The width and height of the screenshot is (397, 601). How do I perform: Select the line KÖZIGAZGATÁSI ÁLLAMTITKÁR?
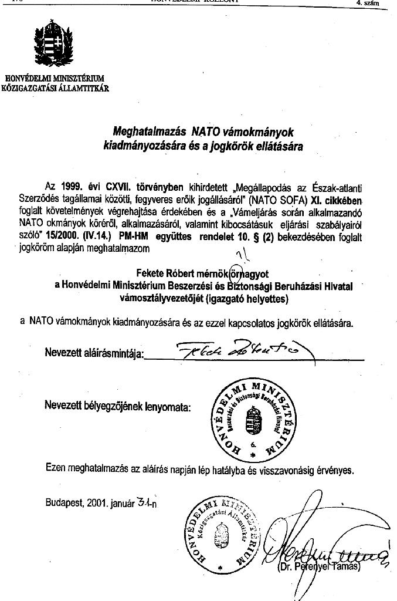point(55,89)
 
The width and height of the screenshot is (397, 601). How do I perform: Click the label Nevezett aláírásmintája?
point(94,353)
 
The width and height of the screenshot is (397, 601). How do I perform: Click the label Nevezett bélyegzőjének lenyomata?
point(117,406)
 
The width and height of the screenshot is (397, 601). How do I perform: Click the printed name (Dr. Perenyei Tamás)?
point(318,567)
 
